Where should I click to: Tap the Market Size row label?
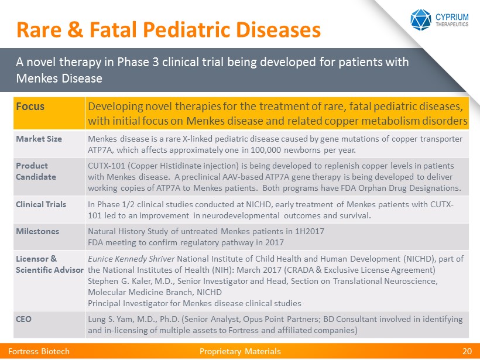(x=39, y=138)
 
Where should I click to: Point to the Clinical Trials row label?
(x=41, y=204)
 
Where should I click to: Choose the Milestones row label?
(x=37, y=231)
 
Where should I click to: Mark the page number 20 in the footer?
(x=467, y=351)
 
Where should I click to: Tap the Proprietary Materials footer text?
(x=240, y=351)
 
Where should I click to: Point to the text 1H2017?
(x=310, y=231)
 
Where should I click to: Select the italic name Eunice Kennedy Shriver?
(x=131, y=259)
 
